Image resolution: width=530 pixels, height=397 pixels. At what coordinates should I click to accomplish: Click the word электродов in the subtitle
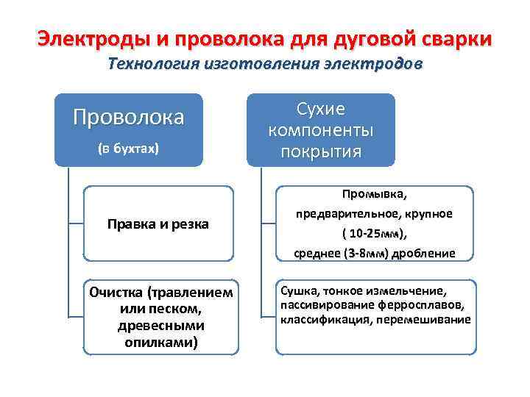(x=374, y=65)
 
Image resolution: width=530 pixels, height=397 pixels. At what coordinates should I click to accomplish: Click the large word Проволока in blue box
(x=128, y=118)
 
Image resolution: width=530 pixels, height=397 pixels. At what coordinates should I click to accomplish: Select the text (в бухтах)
(x=128, y=148)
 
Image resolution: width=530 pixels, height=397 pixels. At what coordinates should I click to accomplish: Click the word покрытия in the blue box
(x=320, y=151)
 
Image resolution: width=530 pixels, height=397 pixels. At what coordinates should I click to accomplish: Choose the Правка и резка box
(x=158, y=223)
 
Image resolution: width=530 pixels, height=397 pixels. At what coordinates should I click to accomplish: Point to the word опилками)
(x=160, y=342)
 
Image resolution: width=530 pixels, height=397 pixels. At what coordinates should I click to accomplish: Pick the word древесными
(x=160, y=325)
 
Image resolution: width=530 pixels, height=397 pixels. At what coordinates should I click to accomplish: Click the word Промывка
(x=374, y=195)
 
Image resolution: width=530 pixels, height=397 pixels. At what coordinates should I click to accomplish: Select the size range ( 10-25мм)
(x=374, y=234)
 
